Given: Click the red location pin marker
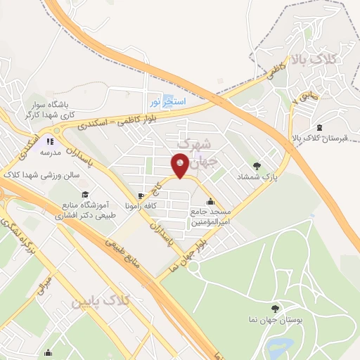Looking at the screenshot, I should (x=180, y=167).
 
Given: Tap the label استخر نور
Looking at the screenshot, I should (x=167, y=101).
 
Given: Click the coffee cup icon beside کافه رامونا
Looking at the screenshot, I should (x=141, y=195).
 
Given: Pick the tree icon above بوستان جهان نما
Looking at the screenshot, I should (x=275, y=308).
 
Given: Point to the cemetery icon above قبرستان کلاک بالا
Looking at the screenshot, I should (x=321, y=127).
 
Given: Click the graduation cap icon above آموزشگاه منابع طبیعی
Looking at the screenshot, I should (x=85, y=194).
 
